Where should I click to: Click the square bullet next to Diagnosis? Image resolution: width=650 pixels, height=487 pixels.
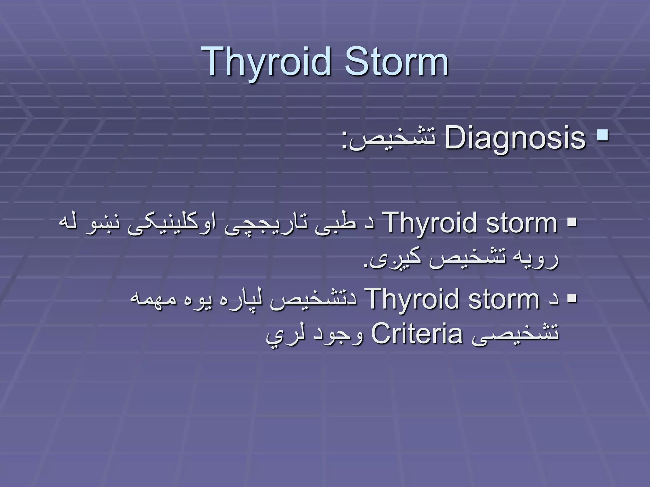602,136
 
